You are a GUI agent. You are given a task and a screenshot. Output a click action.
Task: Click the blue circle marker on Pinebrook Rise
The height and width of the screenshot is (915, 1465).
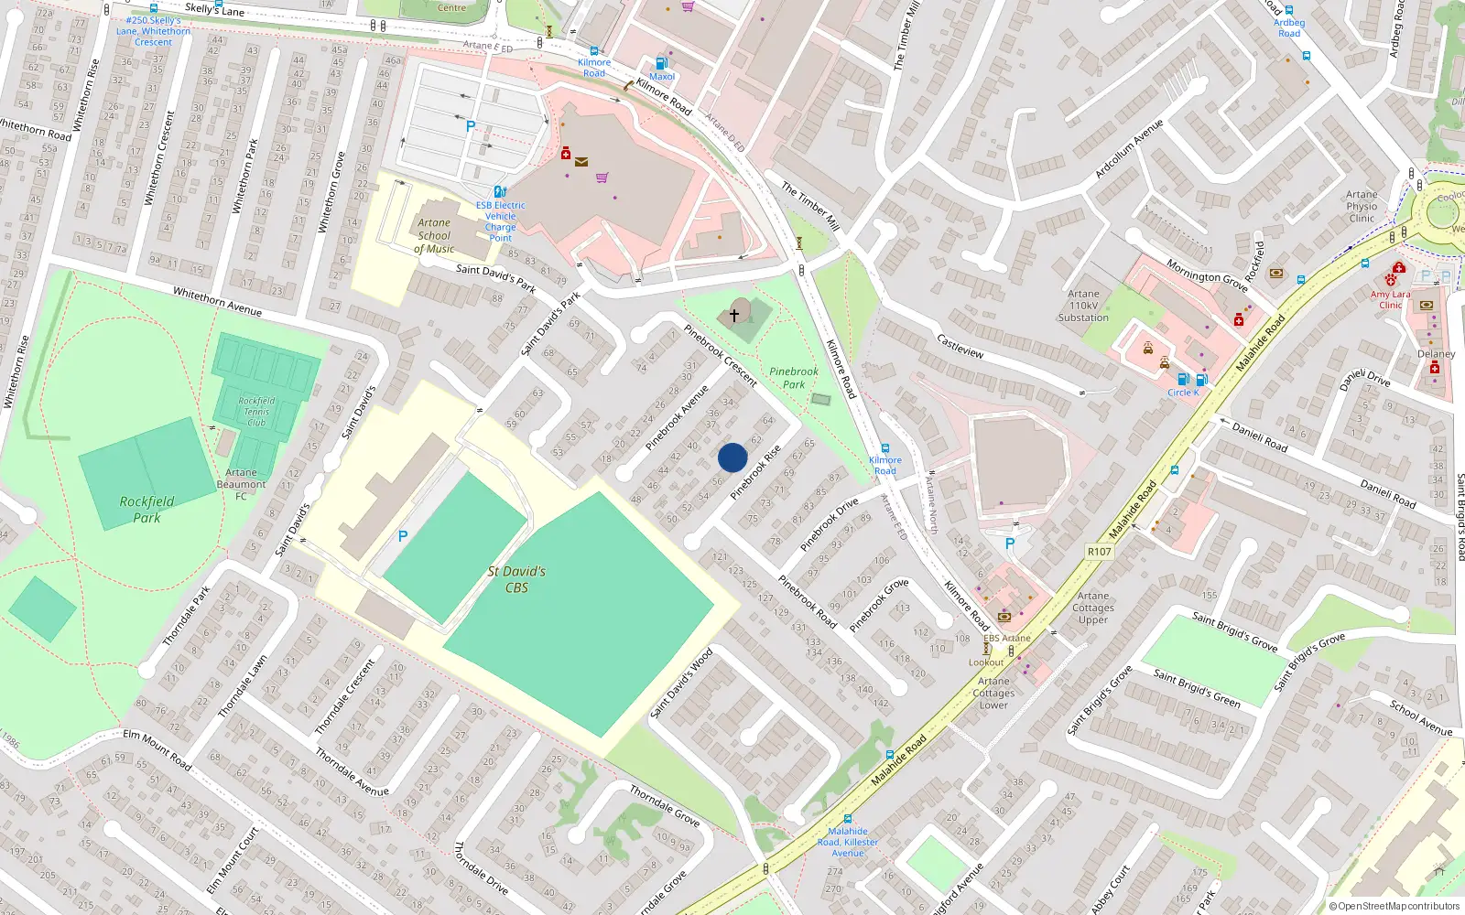(732, 457)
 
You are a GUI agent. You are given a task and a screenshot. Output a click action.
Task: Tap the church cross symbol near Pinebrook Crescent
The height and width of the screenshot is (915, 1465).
(734, 315)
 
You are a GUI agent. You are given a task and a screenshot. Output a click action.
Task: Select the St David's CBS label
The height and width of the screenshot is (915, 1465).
(516, 579)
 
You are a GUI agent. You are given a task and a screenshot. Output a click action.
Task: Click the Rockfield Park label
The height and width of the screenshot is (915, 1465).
(146, 510)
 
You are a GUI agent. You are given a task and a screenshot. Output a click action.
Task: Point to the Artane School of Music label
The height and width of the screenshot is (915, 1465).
(434, 235)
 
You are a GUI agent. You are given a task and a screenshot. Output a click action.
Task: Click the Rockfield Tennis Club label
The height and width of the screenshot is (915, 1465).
(256, 412)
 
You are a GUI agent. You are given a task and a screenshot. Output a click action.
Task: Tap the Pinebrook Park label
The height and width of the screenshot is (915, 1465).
(794, 378)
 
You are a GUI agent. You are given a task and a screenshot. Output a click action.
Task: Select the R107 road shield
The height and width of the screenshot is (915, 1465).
(1099, 552)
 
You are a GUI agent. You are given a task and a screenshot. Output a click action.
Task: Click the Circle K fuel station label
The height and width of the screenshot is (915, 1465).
(1183, 393)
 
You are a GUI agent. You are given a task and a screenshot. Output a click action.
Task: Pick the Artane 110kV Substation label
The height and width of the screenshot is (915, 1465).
(1083, 306)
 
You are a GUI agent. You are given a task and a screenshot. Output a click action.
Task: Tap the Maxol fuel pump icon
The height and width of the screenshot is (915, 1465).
(661, 64)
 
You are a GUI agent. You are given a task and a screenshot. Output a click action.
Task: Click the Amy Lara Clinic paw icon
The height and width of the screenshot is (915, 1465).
(1391, 281)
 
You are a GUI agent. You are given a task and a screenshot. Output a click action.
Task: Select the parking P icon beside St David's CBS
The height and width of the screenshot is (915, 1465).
(402, 536)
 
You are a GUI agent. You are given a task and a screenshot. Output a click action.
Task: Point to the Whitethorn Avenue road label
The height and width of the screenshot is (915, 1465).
(217, 302)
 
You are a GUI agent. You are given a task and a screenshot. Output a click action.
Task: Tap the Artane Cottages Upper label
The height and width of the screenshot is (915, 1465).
(1093, 608)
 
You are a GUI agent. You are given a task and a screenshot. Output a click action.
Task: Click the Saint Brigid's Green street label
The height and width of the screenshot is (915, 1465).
(1196, 688)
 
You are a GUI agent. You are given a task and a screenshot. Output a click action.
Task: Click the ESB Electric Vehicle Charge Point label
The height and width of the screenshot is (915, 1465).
(501, 221)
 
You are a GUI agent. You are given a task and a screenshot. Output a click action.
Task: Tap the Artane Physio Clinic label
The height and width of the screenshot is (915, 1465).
(1362, 206)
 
